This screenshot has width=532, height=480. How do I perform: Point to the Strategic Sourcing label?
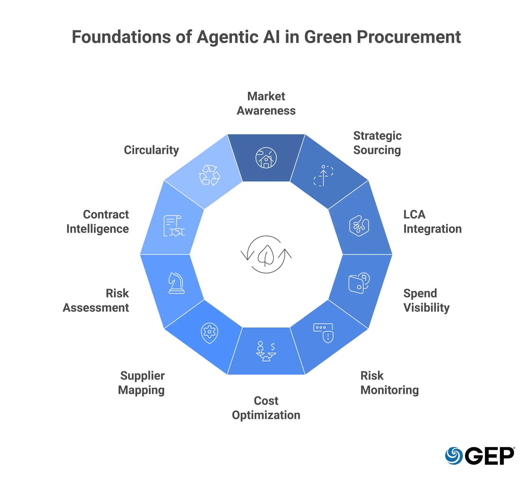click(377, 143)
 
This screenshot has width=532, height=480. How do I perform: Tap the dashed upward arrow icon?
click(323, 176)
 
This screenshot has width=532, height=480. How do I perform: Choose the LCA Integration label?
click(432, 221)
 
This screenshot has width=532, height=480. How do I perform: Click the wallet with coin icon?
click(359, 283)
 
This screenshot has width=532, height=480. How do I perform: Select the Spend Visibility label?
click(426, 300)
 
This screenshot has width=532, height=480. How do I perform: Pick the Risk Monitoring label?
click(389, 383)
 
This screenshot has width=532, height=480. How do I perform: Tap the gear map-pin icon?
click(209, 333)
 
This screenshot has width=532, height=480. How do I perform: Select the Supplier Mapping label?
click(141, 383)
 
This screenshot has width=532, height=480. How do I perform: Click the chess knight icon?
click(176, 283)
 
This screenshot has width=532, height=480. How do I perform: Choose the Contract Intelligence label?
click(98, 221)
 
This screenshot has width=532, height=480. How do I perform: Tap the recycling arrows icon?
click(209, 175)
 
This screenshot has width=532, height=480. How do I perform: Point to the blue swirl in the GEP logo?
click(454, 456)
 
